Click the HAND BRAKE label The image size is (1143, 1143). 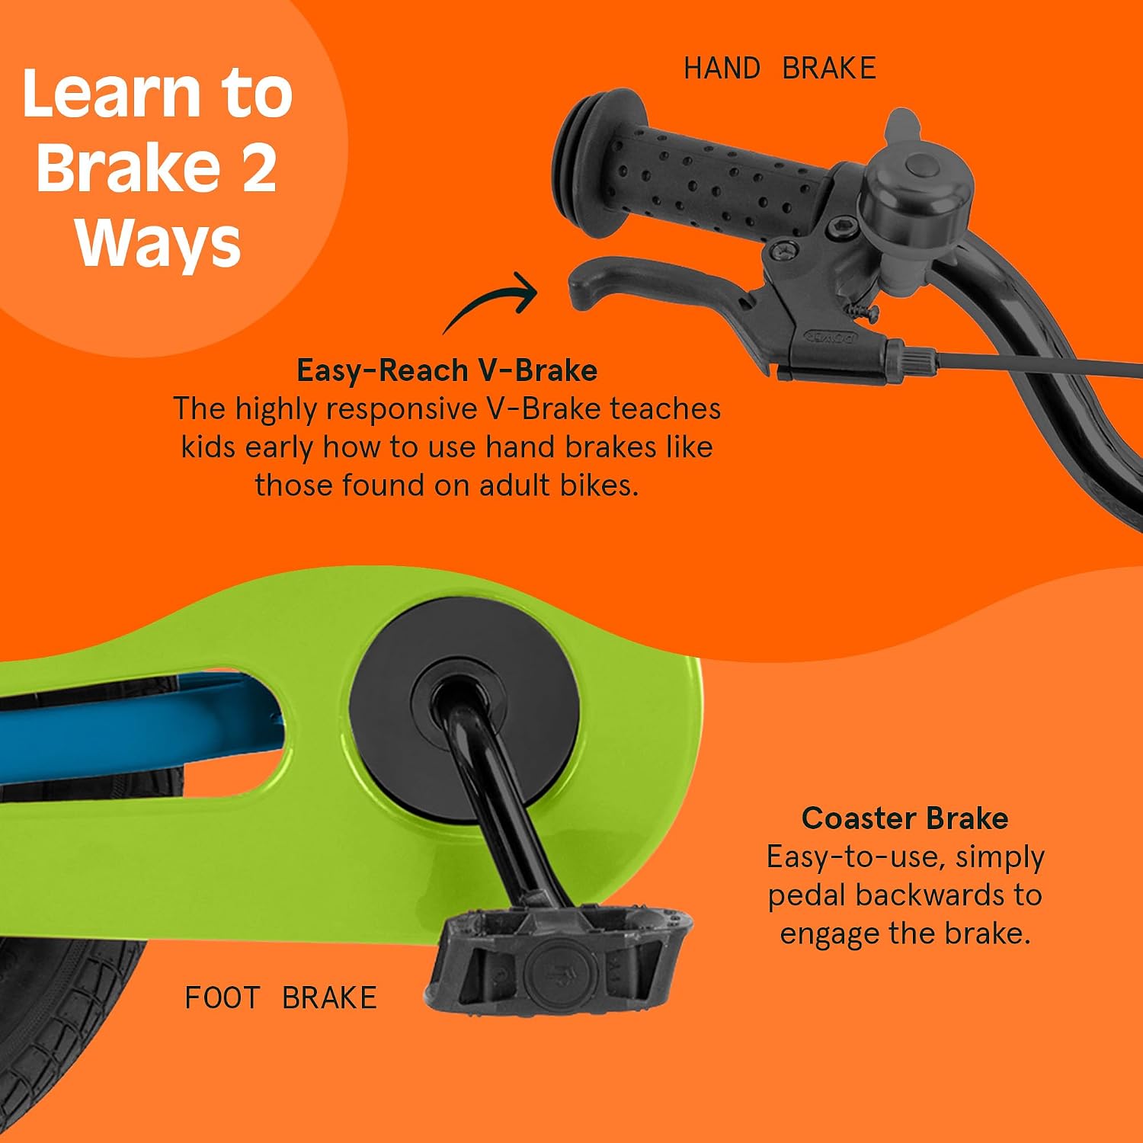coord(780,69)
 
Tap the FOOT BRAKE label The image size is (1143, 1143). coord(280,997)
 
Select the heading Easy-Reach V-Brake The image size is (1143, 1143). coord(447,370)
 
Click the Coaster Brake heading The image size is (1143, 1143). coord(905,818)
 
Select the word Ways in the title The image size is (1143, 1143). coord(158,244)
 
